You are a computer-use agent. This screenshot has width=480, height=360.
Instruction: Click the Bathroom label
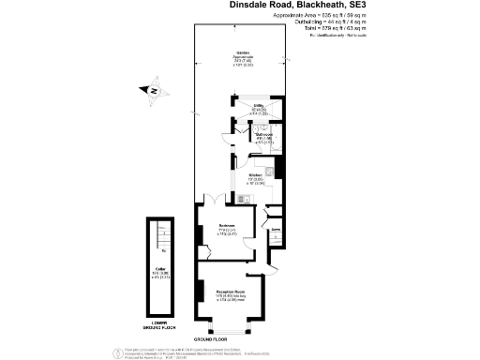tap(265, 134)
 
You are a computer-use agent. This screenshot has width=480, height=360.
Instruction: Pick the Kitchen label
tap(254, 175)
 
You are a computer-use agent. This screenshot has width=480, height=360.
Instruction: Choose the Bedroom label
tap(226, 225)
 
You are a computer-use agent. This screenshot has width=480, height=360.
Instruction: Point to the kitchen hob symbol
tap(269, 171)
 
